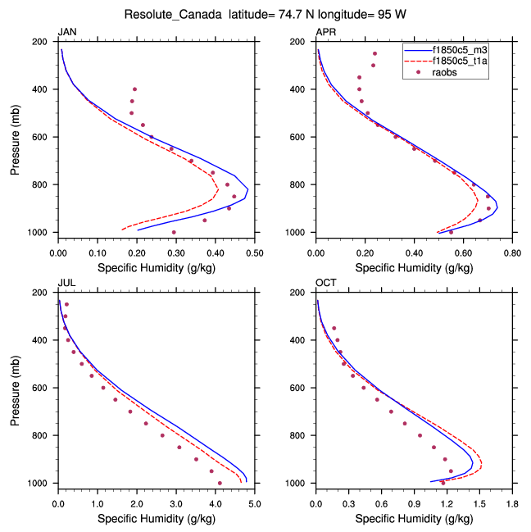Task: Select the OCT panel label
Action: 325,283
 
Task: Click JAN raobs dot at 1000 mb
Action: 174,232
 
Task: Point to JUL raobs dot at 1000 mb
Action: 220,483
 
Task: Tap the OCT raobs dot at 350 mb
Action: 334,328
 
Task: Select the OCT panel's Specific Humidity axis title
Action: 414,518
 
